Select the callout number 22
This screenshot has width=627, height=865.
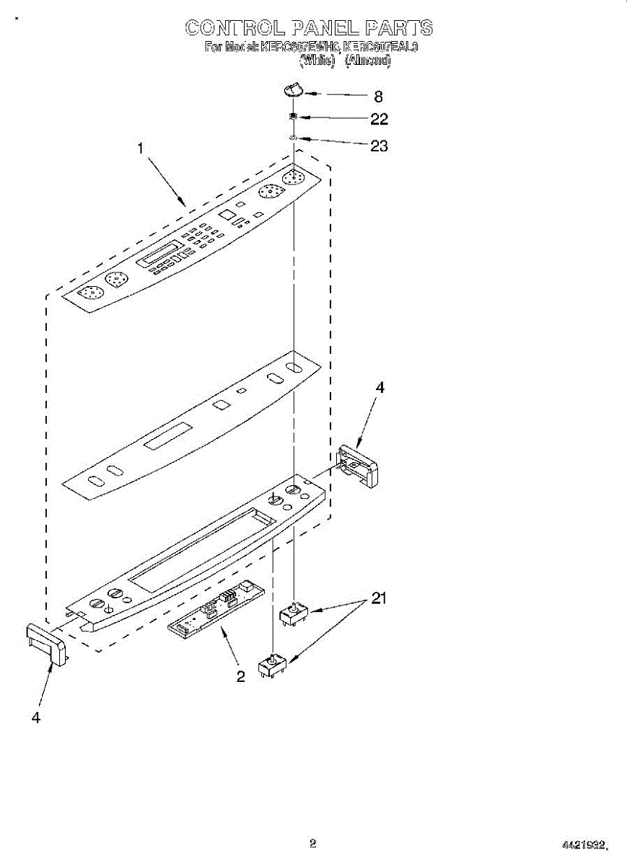pyautogui.click(x=379, y=119)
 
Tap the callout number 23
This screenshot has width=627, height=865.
pyautogui.click(x=379, y=146)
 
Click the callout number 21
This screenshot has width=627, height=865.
pyautogui.click(x=379, y=598)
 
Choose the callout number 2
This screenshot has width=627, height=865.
pyautogui.click(x=240, y=676)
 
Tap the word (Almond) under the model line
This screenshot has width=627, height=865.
pyautogui.click(x=368, y=61)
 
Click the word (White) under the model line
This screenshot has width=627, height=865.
pyautogui.click(x=317, y=61)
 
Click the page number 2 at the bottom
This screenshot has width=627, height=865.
pyautogui.click(x=312, y=843)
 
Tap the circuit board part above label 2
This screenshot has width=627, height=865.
pyautogui.click(x=215, y=610)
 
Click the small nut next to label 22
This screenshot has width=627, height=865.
pyautogui.click(x=294, y=117)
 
